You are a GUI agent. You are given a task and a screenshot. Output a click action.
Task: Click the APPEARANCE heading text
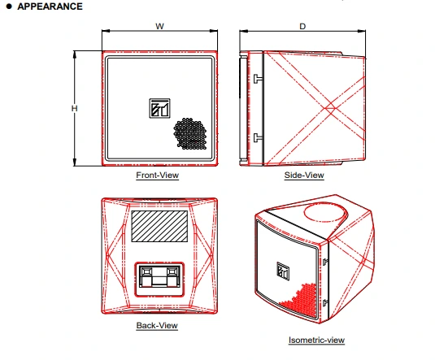(50, 7)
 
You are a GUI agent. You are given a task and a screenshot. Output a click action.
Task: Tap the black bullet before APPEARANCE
(9, 7)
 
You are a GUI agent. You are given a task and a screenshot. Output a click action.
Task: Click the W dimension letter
(159, 26)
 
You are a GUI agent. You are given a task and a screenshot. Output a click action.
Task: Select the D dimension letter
(302, 26)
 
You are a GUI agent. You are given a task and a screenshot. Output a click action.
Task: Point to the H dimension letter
(74, 108)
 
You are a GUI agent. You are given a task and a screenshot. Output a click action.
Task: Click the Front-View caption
(157, 176)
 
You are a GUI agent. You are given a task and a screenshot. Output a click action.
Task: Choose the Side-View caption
(304, 176)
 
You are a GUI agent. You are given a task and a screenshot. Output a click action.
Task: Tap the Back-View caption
(157, 325)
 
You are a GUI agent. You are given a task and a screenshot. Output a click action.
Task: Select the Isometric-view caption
(316, 340)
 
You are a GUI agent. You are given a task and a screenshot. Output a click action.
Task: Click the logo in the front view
(160, 108)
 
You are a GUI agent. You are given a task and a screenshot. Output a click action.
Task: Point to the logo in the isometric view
(283, 271)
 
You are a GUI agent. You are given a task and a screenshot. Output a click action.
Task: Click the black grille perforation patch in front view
(190, 134)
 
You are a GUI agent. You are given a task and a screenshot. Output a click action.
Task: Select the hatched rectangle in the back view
(159, 226)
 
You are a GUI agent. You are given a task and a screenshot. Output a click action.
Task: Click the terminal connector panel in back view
(159, 280)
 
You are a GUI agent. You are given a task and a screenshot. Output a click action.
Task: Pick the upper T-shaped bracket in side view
(258, 79)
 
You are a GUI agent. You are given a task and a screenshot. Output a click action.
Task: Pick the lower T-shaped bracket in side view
(258, 137)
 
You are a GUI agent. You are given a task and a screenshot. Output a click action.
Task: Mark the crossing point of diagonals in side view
(330, 107)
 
